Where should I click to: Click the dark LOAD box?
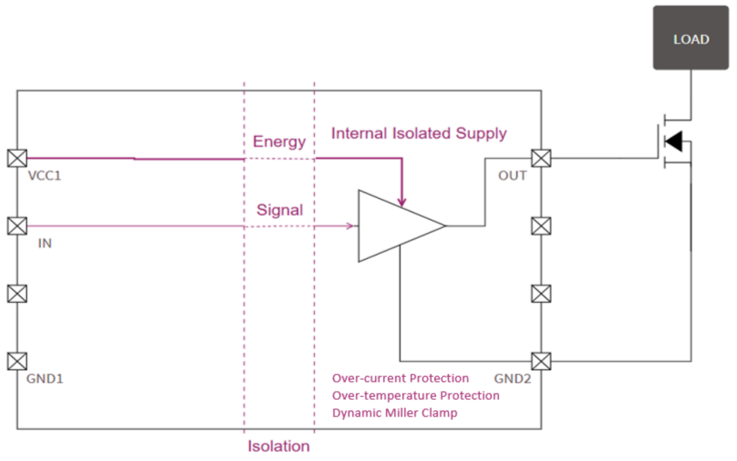coord(691,38)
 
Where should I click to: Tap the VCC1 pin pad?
coord(17,158)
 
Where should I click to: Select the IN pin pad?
coord(17,226)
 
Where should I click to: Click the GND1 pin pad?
coord(17,361)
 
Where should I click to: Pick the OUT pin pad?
coord(541,158)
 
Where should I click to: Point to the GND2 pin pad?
coord(541,361)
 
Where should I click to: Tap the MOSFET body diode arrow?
coord(674,141)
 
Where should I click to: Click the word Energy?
coord(279,141)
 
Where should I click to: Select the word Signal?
coord(280,210)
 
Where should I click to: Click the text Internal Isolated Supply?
coord(419,134)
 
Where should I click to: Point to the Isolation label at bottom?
coord(278,446)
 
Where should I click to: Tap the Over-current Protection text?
coord(401,378)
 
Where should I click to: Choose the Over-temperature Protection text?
coord(416,395)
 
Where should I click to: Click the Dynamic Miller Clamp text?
coord(394,413)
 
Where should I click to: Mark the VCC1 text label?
coord(44,176)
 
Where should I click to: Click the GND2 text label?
coord(512,378)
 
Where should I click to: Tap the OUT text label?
coord(512,176)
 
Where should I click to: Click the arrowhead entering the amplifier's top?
coord(401,202)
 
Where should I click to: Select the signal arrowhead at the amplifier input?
coord(350,226)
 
